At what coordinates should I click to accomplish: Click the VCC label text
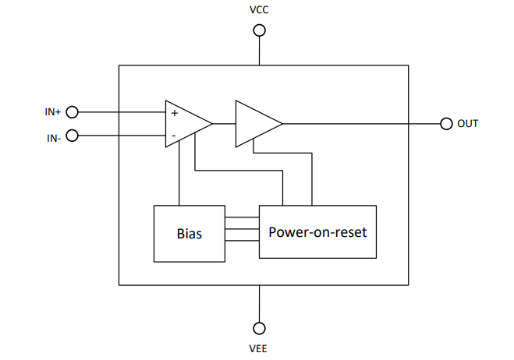pos(259,10)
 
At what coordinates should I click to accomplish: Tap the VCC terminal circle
pos(259,30)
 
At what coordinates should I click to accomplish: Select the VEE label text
pos(258,348)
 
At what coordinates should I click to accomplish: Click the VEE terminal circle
pos(259,328)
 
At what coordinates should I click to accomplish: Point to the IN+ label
pos(53,112)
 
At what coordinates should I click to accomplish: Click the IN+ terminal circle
pos(72,112)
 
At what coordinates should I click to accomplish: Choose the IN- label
pos(54,138)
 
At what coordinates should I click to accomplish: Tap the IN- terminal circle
pos(72,136)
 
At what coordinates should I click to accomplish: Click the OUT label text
pos(468,123)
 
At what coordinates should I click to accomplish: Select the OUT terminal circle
pos(446,123)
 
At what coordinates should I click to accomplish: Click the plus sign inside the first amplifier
pos(175,113)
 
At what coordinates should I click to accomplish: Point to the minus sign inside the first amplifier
pos(174,136)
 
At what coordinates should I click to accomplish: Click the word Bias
pos(190,234)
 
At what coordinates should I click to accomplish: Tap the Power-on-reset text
pos(317,232)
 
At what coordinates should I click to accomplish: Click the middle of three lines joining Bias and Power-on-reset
pos(242,229)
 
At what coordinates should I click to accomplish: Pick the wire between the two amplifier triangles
pos(224,123)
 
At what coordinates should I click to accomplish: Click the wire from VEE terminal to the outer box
pos(259,304)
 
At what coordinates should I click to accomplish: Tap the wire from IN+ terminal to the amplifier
pos(122,112)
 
